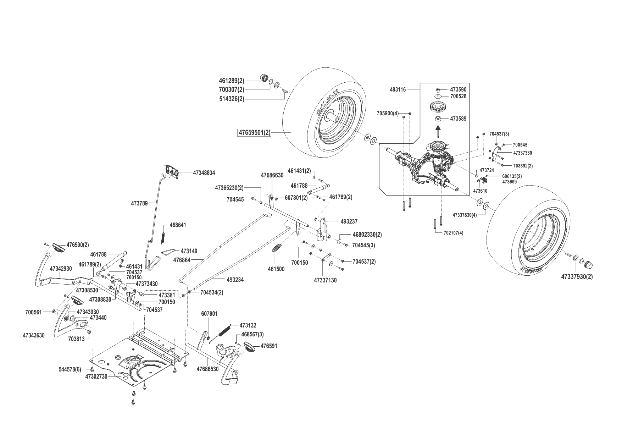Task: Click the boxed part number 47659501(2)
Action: [254, 133]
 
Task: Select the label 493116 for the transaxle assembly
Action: [398, 90]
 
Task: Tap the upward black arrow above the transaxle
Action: [439, 132]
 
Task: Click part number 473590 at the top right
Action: [458, 90]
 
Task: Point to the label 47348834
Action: [204, 173]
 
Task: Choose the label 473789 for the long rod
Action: [139, 203]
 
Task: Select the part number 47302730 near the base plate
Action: [96, 377]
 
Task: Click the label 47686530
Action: [207, 369]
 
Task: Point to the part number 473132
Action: [248, 325]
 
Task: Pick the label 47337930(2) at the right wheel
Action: [577, 276]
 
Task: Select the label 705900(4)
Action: [388, 114]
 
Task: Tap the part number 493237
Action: [349, 222]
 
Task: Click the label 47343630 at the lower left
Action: [34, 335]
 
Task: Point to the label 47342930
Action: [61, 269]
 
